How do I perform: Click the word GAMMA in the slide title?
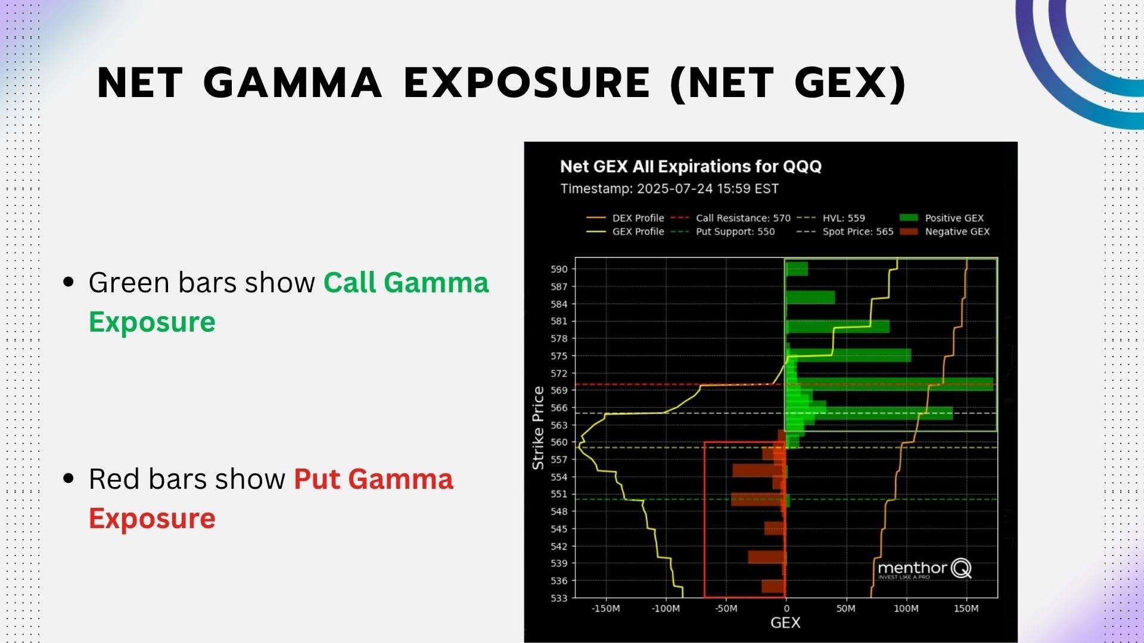[292, 83]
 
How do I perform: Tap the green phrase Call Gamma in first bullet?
[406, 283]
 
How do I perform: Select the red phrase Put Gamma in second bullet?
[374, 479]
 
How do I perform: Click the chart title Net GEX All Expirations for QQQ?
[691, 166]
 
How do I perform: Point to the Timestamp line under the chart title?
[669, 189]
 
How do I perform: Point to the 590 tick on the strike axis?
[559, 269]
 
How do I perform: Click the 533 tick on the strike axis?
[559, 598]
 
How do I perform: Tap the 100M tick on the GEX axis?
[906, 608]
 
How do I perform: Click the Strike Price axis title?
[538, 427]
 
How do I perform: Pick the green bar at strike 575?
[849, 355]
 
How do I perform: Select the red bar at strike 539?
[767, 557]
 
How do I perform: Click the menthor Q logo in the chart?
[924, 569]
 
